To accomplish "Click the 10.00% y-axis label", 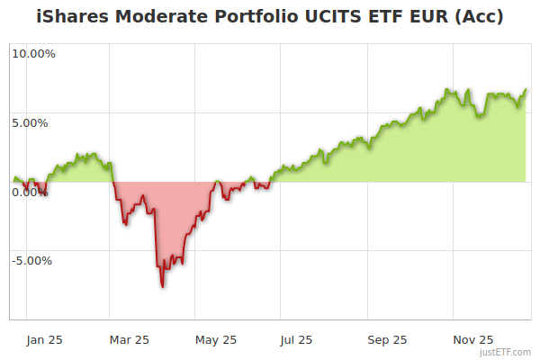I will (x=33, y=53).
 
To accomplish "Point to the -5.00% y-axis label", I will (x=31, y=261).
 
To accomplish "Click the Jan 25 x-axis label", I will (x=43, y=339).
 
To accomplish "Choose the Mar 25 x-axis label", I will (x=129, y=339).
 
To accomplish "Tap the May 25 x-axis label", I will (x=216, y=339).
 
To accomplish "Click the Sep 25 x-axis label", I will (x=387, y=339).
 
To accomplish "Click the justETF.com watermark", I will (x=506, y=352).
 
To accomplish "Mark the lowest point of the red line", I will (x=162, y=286).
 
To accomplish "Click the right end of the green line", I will (x=526, y=89).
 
